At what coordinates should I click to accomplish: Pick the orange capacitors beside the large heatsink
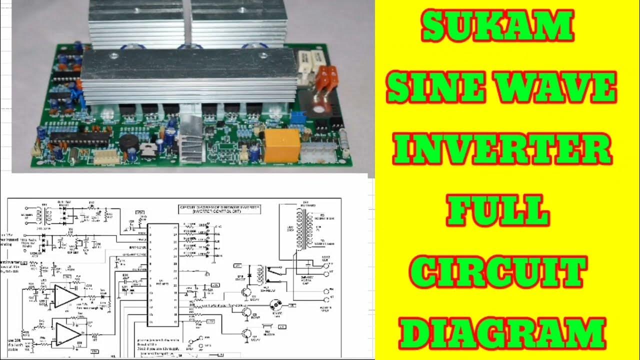click(x=325, y=80)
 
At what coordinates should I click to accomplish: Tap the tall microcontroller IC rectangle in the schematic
click(x=163, y=274)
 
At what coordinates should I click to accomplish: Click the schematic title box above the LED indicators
click(x=220, y=209)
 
